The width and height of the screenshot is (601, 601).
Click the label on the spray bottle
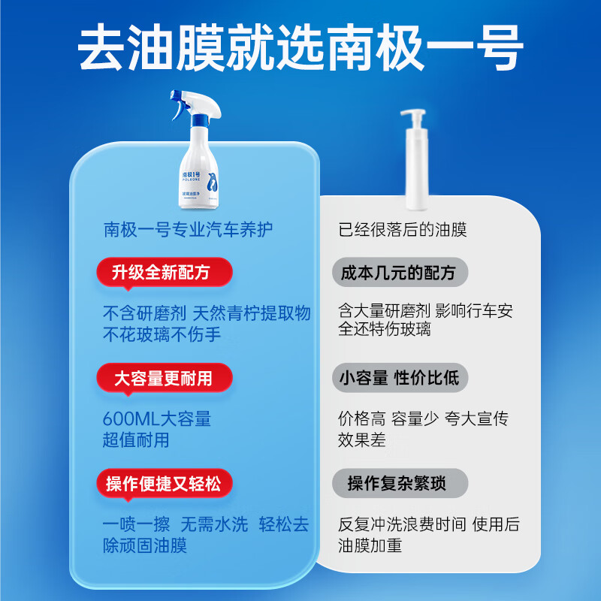[199, 184]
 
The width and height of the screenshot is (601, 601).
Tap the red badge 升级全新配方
[164, 272]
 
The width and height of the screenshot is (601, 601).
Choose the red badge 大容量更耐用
[164, 378]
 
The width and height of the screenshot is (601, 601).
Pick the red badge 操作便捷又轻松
[164, 483]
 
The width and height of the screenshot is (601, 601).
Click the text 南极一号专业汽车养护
[188, 229]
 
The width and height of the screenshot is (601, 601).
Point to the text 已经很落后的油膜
[403, 229]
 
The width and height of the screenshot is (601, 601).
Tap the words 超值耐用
[136, 440]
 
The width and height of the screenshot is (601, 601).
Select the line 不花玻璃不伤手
[162, 334]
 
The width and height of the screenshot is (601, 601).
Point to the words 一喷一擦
[136, 524]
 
